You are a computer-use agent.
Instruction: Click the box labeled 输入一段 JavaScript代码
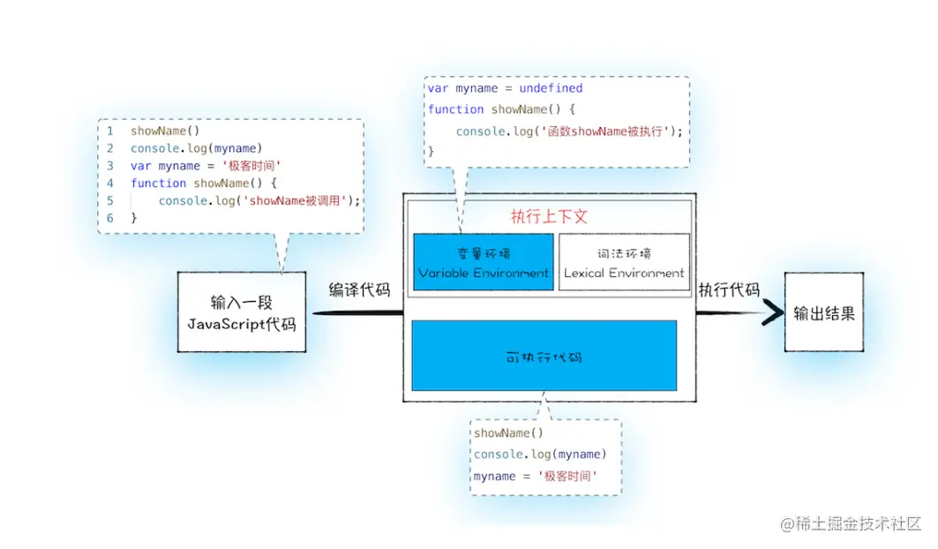(x=241, y=312)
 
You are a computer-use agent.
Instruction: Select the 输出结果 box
(x=823, y=312)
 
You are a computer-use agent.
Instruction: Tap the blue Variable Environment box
(x=484, y=262)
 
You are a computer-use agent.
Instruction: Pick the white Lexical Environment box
(x=624, y=262)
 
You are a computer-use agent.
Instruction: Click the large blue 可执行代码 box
(x=544, y=356)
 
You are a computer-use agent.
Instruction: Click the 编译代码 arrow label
(x=359, y=290)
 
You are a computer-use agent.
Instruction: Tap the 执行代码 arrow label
(x=729, y=290)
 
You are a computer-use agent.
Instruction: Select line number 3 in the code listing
(x=110, y=165)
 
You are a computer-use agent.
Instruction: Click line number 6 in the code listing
(x=110, y=217)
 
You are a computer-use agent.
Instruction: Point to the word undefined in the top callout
(x=551, y=88)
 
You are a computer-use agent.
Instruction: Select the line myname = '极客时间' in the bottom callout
(x=536, y=476)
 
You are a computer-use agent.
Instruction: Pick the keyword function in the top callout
(x=456, y=109)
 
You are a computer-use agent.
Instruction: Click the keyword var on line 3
(x=140, y=165)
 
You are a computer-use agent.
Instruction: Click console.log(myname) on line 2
(x=197, y=148)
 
